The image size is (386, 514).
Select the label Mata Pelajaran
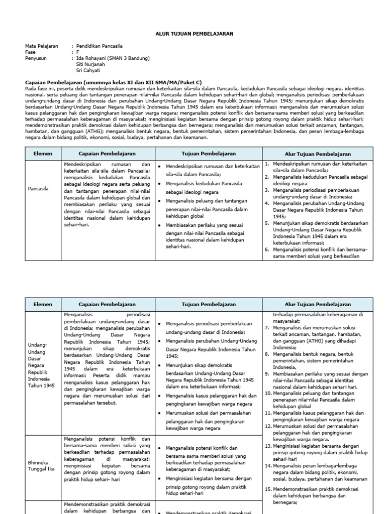[41, 46]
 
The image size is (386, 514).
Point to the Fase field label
[31, 52]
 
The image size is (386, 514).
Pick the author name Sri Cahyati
[88, 70]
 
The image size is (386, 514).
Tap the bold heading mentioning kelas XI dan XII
[113, 82]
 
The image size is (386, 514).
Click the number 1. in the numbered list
[268, 164]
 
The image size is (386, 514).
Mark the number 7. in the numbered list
[268, 327]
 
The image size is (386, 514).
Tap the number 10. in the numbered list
[268, 394]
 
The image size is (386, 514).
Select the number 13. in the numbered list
[268, 446]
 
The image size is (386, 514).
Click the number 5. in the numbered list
[268, 223]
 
